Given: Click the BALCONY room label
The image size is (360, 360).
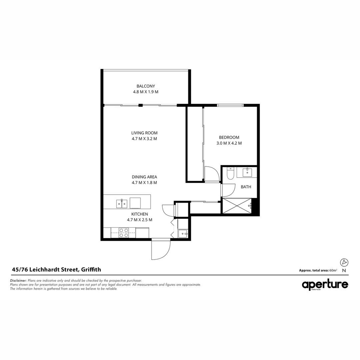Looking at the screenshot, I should (x=146, y=86).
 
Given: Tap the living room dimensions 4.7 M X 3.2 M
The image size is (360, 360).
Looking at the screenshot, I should (x=144, y=139).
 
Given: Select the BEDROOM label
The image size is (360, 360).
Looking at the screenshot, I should (x=229, y=137).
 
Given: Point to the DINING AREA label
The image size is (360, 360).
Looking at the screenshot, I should (x=144, y=177).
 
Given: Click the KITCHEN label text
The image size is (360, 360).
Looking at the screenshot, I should (x=140, y=214).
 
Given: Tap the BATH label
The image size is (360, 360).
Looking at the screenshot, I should (x=246, y=187).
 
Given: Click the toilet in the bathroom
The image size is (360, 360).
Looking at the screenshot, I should (x=230, y=174).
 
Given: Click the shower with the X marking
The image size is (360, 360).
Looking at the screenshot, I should (x=236, y=206).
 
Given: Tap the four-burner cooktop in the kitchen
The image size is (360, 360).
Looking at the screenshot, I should (x=124, y=233).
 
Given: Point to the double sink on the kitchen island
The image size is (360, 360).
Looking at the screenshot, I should (x=121, y=203).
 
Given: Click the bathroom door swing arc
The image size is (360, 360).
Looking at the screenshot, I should (x=228, y=190).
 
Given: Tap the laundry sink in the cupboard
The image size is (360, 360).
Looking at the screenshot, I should (x=183, y=233).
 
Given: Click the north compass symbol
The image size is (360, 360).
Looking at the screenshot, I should (x=344, y=262).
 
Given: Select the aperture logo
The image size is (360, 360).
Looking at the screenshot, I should (x=325, y=285).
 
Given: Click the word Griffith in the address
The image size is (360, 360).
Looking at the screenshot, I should (x=91, y=270).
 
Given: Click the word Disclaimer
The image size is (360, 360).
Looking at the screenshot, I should (x=18, y=281).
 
